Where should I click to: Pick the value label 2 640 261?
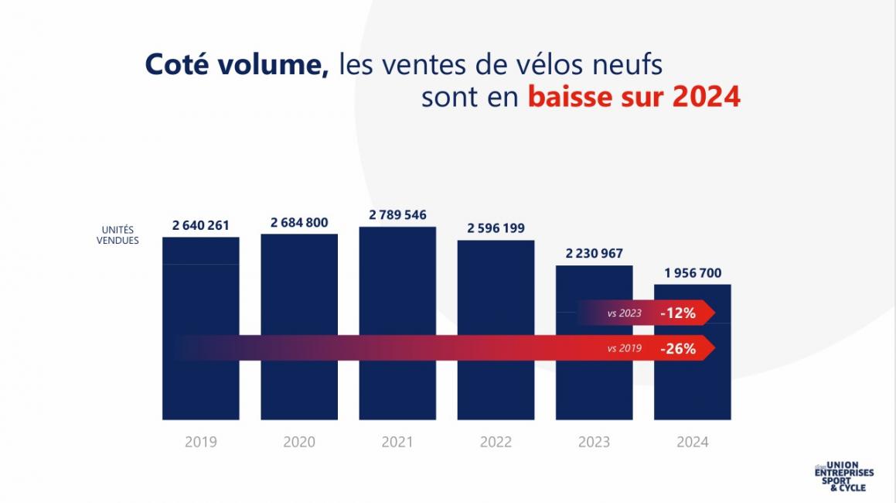pos(201,225)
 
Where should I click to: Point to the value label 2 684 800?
pos(299,222)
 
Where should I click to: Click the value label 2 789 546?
pos(397,214)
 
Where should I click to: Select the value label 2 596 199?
pos(496,228)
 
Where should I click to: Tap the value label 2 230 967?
pos(594,253)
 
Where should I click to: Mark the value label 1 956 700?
pos(692,272)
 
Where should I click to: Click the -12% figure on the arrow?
pos(678,313)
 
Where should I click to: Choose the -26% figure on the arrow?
pos(678,349)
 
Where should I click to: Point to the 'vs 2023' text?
pos(625,313)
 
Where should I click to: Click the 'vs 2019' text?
pos(625,349)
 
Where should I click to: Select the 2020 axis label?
pos(299,443)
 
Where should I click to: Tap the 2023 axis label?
pos(594,443)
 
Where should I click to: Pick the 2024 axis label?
pos(692,443)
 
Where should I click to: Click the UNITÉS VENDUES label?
pos(118,235)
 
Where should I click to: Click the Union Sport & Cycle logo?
pos(843,477)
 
